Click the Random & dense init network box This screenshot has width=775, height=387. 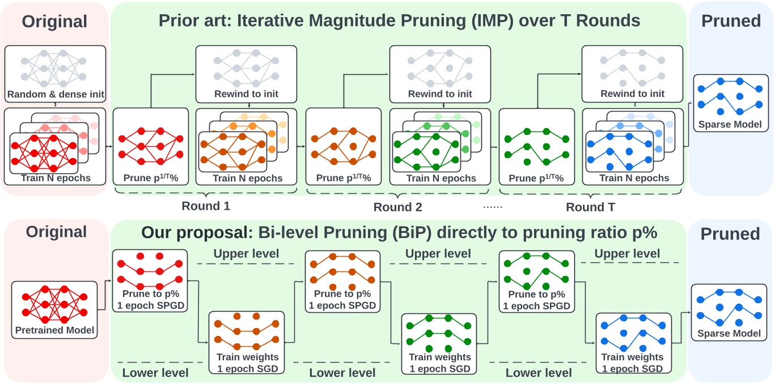pos(55,72)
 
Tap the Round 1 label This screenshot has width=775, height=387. pos(206,206)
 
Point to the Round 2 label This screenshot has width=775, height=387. pos(397,207)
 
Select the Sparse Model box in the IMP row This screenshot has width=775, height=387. pos(726,101)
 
